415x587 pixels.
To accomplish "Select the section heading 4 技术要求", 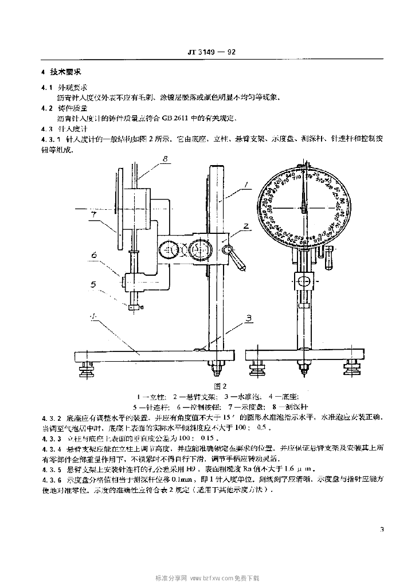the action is (x=62, y=74).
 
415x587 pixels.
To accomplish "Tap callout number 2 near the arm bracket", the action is (x=245, y=227).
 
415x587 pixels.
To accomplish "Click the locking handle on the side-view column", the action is (x=236, y=256).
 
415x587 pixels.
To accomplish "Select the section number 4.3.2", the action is (x=50, y=418).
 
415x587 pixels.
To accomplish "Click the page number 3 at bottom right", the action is (x=381, y=530).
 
